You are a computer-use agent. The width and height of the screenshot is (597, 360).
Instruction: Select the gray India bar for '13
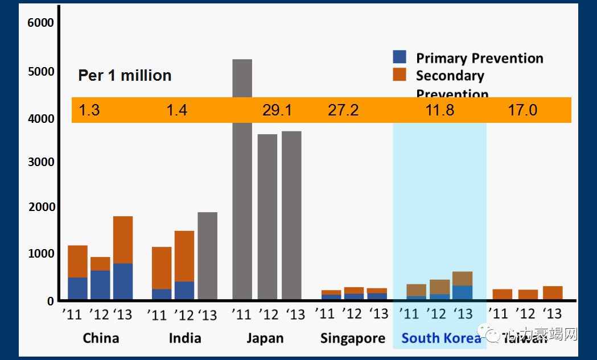tap(207, 256)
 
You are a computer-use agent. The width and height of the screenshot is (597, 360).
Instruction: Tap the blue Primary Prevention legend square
tap(400, 57)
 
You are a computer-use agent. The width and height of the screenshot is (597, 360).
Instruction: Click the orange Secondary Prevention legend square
tap(400, 75)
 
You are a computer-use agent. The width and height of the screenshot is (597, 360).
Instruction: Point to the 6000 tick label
tap(40, 23)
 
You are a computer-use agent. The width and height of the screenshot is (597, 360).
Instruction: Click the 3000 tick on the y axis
tap(40, 162)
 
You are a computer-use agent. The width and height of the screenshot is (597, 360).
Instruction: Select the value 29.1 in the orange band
tap(277, 110)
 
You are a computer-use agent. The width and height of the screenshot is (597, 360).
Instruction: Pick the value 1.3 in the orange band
tap(89, 110)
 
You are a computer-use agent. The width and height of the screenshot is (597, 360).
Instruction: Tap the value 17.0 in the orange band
tap(522, 110)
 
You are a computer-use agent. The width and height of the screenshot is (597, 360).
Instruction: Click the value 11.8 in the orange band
tap(440, 110)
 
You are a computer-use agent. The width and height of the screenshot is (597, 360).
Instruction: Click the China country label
tap(101, 338)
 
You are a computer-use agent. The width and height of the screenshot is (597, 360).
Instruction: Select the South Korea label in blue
tap(441, 338)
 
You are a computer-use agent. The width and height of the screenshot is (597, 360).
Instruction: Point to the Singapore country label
tap(353, 338)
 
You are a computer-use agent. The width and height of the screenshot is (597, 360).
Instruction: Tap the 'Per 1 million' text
tap(125, 76)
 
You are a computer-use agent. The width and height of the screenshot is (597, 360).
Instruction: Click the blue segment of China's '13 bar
tap(123, 282)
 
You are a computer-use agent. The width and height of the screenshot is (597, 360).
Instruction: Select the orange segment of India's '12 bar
tap(184, 256)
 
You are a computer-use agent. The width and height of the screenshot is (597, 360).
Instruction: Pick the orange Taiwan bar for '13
tap(553, 293)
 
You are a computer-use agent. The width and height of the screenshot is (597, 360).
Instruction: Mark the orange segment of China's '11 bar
tap(77, 262)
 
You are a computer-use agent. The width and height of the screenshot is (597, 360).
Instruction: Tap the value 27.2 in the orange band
tap(343, 110)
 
